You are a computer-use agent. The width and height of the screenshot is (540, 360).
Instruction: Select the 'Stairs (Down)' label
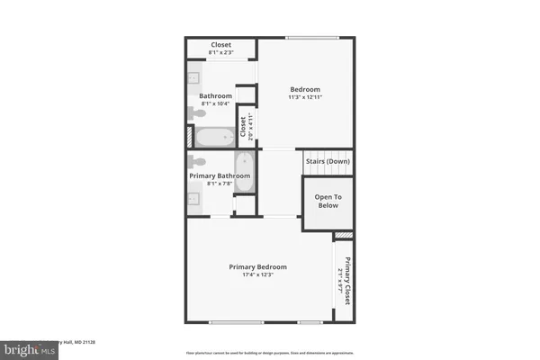tap(327, 161)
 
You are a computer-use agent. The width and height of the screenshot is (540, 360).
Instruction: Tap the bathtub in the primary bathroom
tap(245, 172)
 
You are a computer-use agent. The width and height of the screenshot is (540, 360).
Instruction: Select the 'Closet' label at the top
tap(221, 44)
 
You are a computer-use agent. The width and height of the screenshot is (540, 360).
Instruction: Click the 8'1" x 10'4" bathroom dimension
tap(216, 103)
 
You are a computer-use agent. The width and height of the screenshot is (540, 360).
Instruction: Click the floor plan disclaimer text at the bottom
tap(270, 353)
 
